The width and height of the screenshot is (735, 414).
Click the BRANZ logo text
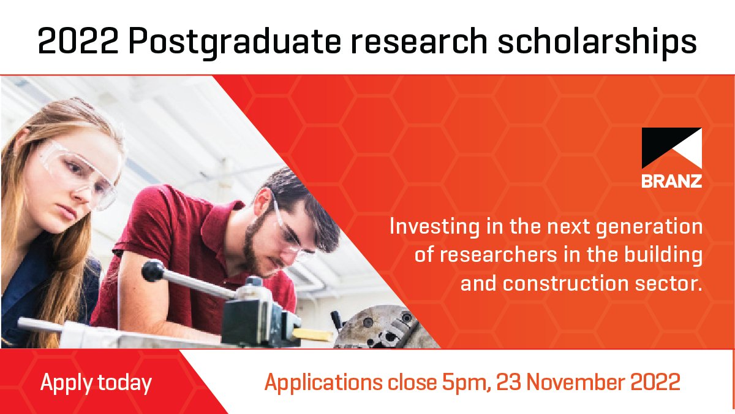click(x=671, y=182)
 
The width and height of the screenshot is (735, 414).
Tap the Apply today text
click(x=96, y=383)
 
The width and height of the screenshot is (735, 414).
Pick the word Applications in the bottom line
click(x=325, y=383)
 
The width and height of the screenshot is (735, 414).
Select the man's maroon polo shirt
click(x=184, y=245)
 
